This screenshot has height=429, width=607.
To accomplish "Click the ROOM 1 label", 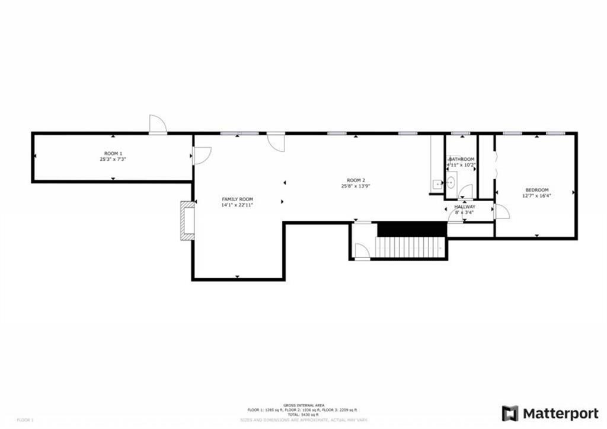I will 111,153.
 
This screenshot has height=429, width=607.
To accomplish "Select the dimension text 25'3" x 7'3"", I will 111,159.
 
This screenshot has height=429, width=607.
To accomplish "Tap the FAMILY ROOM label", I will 237,199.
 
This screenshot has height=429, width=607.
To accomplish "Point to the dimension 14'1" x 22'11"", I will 237,205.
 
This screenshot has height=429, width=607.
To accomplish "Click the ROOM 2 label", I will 356,180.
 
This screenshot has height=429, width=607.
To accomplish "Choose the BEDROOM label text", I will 536,190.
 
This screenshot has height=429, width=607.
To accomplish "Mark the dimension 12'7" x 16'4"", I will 536,196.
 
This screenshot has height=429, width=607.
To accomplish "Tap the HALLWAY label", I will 465,206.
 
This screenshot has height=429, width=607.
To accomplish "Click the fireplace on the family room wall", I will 187,220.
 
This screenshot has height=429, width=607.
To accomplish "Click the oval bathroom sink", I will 450,182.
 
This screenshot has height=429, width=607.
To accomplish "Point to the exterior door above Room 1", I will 158,124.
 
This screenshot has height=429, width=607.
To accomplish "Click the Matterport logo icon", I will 510,413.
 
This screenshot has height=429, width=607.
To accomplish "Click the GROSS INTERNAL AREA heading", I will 303,405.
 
